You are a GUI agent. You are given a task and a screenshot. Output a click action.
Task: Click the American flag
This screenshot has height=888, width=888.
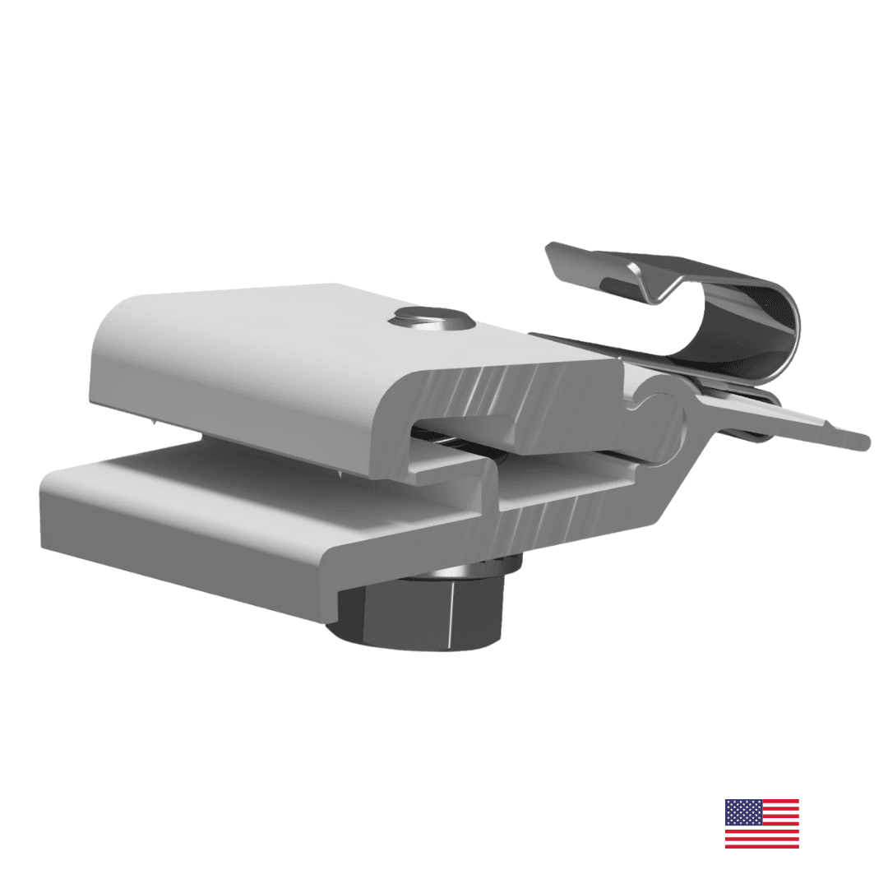coord(761,823)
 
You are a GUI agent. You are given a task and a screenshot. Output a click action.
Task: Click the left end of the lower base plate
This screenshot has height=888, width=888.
coord(49,510)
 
